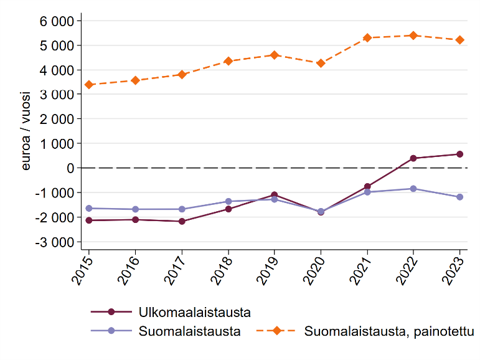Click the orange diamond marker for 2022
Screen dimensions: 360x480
pos(413,36)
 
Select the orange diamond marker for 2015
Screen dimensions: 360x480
pos(88,85)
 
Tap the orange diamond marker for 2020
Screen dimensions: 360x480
pos(321,63)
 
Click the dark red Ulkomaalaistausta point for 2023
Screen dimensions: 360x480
pos(459,154)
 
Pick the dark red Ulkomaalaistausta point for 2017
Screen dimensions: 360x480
pos(181,221)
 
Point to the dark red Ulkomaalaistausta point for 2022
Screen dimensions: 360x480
pos(413,158)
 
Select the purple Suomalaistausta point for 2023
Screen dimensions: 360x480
pos(459,197)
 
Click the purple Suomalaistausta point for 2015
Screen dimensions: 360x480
pos(88,208)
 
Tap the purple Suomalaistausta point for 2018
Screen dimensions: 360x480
pos(228,201)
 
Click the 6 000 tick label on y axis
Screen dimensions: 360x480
pos(57,21)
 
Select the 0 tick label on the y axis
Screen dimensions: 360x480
pos(70,168)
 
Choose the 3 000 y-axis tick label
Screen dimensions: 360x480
pos(57,95)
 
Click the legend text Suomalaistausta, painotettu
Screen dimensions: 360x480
pos(389,331)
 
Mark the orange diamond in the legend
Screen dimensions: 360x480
pos(276,331)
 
